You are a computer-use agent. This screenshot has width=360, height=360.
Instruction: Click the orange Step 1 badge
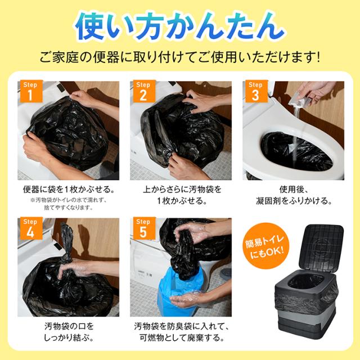(x=31, y=91)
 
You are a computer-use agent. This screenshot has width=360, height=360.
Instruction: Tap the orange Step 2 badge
(x=144, y=91)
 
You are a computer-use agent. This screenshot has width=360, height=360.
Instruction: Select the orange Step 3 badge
(x=256, y=91)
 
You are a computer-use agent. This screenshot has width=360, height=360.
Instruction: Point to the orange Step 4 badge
(x=31, y=228)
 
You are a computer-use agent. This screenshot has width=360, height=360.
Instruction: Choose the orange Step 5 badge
(x=144, y=228)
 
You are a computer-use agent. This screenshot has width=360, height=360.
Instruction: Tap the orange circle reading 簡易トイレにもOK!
(x=266, y=246)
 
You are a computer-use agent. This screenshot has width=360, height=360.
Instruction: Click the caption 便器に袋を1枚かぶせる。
(x=69, y=190)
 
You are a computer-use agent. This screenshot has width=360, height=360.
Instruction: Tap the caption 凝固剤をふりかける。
(x=294, y=201)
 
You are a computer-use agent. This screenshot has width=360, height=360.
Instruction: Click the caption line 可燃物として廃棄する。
(x=181, y=337)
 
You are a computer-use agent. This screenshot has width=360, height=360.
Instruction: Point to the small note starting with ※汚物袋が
(x=69, y=204)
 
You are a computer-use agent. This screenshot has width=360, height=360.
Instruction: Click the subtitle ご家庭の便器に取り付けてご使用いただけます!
(x=180, y=57)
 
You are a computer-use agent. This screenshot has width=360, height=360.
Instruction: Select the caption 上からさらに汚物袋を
(x=181, y=190)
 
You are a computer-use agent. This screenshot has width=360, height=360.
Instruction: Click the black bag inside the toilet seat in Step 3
(x=296, y=151)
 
